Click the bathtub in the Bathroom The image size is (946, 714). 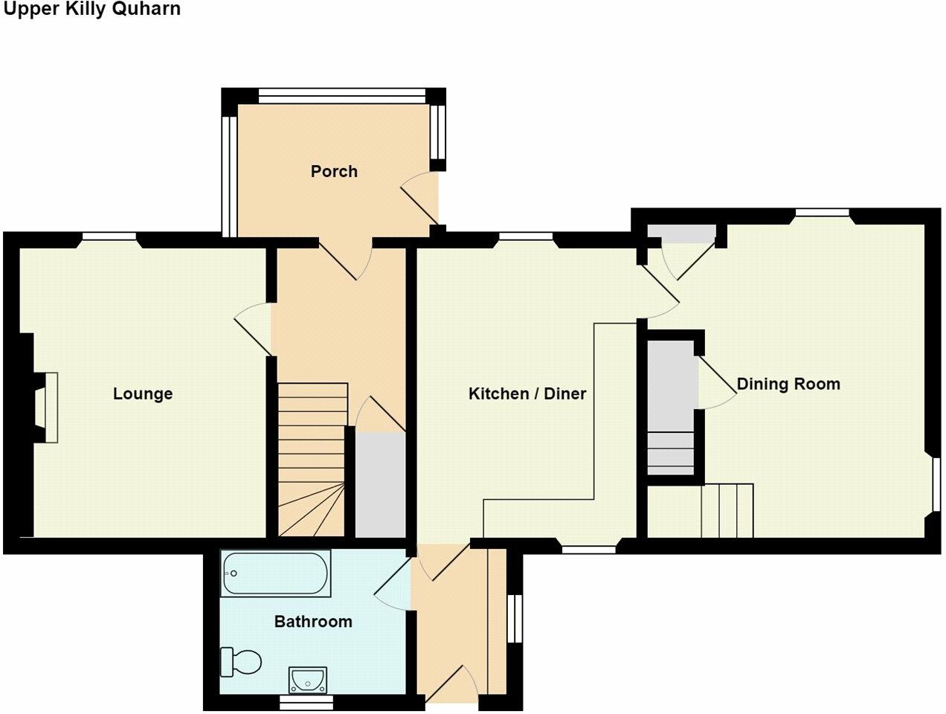[x=276, y=573]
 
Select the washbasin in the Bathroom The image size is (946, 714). [x=306, y=679]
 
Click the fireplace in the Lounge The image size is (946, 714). [x=50, y=408]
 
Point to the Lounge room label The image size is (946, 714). [x=143, y=393]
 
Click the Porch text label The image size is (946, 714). [x=334, y=171]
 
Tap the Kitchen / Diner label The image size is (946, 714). [x=527, y=393]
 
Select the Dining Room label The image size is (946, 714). [x=788, y=384]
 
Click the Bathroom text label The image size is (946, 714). [x=313, y=621]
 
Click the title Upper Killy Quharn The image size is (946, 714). [x=92, y=10]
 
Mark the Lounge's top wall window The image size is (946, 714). [x=109, y=238]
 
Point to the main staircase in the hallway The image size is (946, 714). [x=312, y=461]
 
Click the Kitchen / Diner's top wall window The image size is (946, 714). [x=526, y=238]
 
